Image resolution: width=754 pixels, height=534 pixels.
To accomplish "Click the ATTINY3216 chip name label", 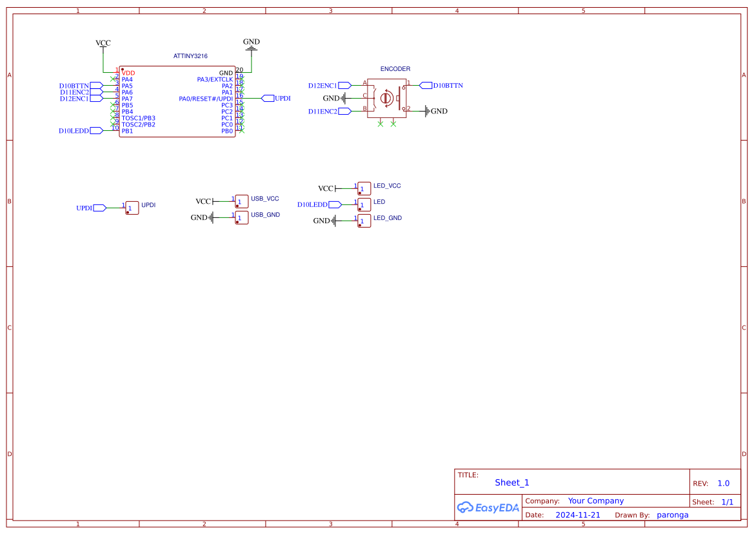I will tap(190, 57).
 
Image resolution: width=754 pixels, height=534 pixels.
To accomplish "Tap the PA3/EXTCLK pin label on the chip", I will tap(215, 79).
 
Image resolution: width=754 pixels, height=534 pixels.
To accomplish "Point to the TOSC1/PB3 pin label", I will tap(138, 118).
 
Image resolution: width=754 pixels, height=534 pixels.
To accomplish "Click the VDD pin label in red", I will tap(128, 73).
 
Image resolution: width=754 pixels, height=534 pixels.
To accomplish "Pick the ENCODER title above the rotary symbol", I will tap(395, 69).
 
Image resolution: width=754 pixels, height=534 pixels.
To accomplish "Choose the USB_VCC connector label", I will tap(265, 199).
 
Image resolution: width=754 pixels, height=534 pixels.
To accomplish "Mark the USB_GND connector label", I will tap(265, 215).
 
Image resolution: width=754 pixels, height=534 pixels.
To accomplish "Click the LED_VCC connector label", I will tap(387, 186).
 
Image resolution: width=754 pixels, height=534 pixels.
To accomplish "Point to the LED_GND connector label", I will tap(388, 218).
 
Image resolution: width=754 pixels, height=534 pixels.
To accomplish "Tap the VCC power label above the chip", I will tap(103, 43).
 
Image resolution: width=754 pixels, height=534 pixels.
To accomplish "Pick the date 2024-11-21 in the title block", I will tap(578, 515).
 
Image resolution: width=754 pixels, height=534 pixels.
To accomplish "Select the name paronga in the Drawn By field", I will tap(673, 515).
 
